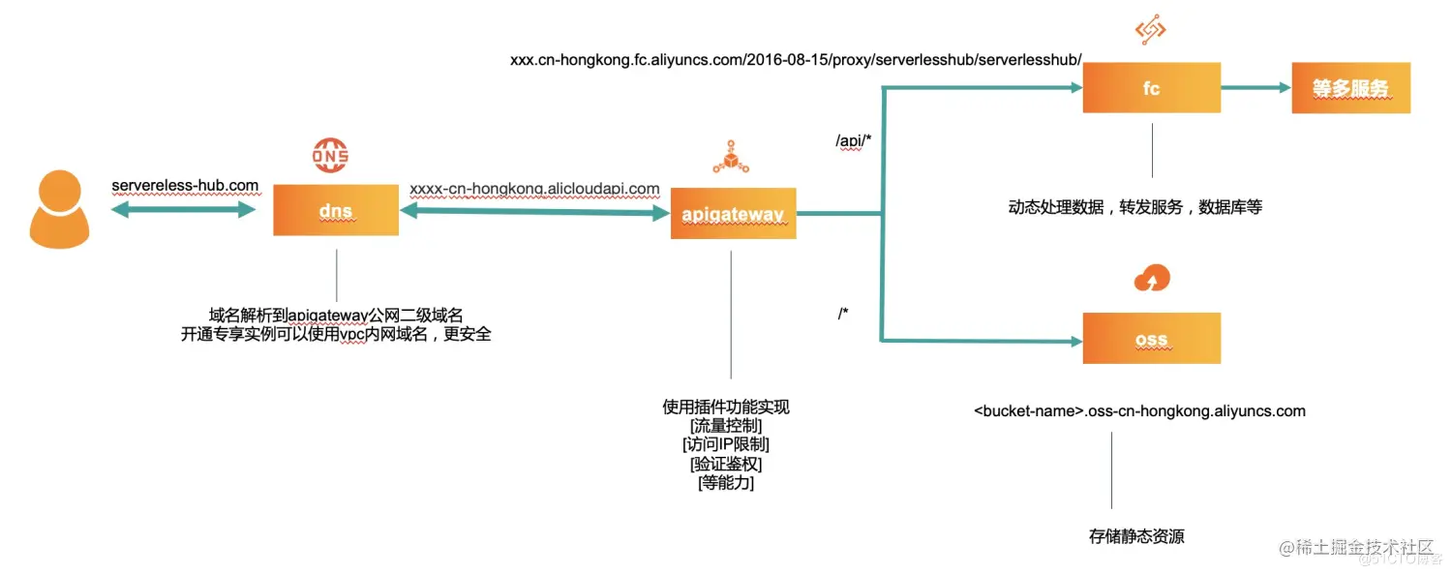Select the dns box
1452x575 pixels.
point(336,210)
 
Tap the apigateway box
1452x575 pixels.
point(733,214)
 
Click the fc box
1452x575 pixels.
point(1151,88)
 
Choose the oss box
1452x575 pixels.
point(1151,339)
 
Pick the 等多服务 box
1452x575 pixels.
point(1349,88)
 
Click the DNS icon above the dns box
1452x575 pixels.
point(330,155)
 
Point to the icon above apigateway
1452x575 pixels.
point(733,156)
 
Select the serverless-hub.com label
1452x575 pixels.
point(185,185)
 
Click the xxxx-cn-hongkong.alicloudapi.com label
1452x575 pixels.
point(534,189)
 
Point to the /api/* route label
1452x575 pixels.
point(854,141)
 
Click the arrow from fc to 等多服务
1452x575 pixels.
point(1255,87)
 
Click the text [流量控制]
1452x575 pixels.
point(725,426)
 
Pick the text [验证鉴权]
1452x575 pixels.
point(725,464)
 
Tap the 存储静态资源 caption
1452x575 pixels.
point(1136,536)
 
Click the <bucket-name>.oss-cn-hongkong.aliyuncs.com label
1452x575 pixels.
point(1139,411)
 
